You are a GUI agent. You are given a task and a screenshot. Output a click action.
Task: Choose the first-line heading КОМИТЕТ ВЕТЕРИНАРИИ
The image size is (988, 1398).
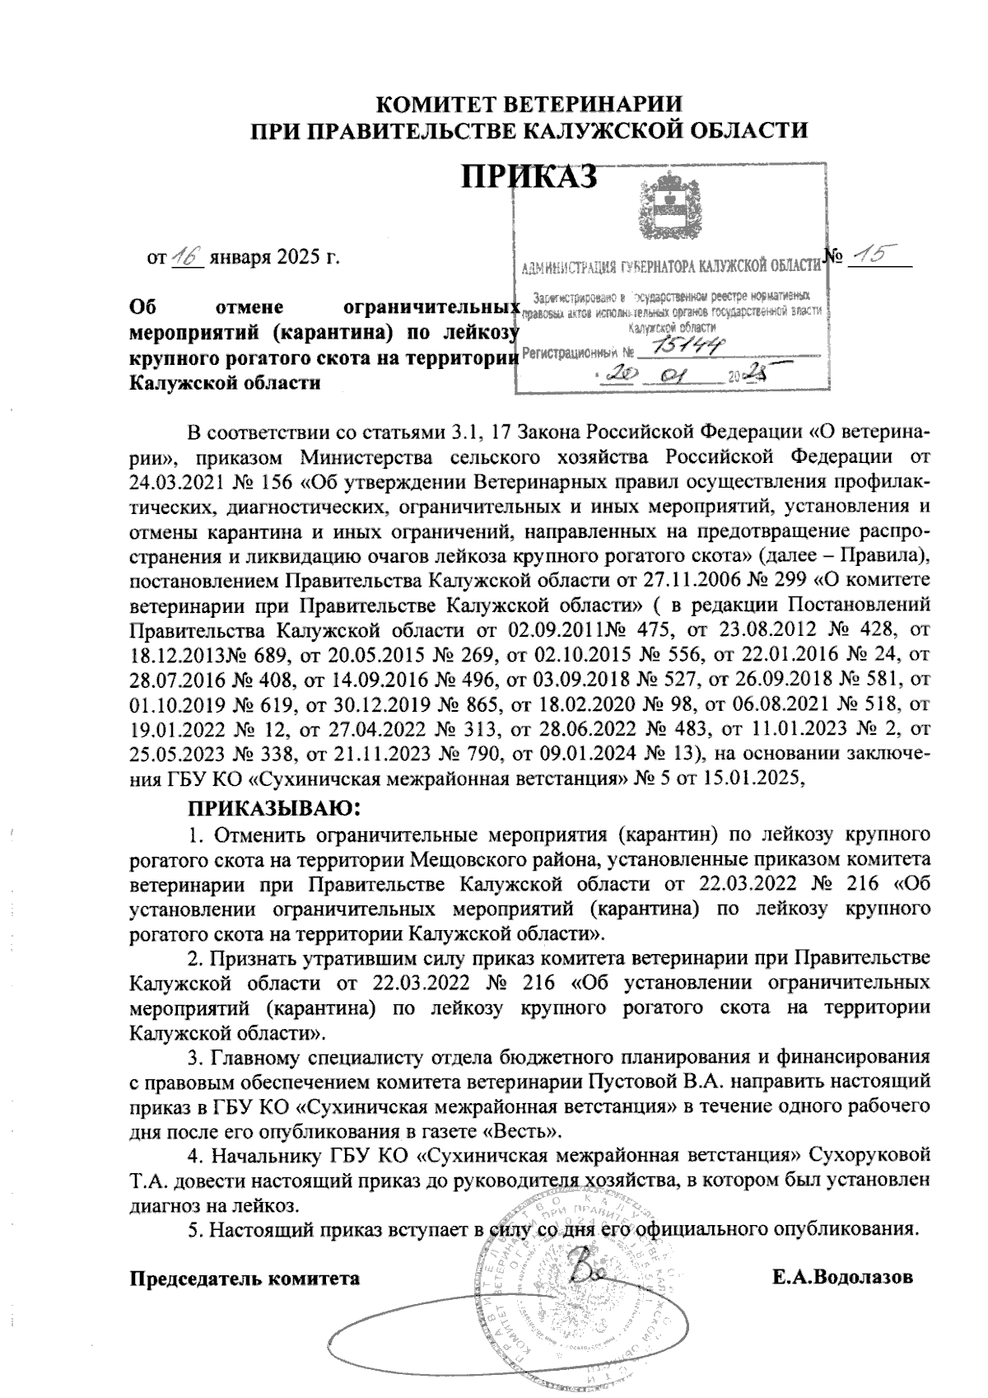[x=529, y=105]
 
